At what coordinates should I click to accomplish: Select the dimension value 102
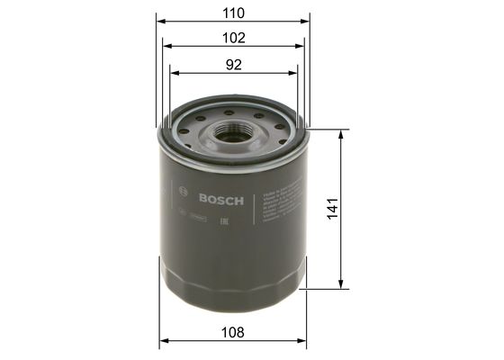pyautogui.click(x=234, y=38)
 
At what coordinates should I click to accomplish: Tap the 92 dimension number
pyautogui.click(x=234, y=64)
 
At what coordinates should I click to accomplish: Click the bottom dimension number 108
pyautogui.click(x=234, y=332)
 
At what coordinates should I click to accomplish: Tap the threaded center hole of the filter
pyautogui.click(x=233, y=133)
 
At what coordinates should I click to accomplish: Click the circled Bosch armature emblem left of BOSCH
pyautogui.click(x=184, y=193)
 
